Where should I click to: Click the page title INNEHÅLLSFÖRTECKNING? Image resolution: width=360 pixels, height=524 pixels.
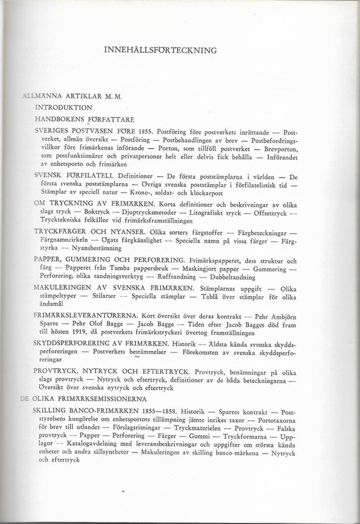tap(160, 50)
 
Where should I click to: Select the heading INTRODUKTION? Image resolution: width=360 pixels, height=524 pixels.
tap(63, 108)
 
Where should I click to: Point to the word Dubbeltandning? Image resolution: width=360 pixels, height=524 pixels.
tap(249, 279)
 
